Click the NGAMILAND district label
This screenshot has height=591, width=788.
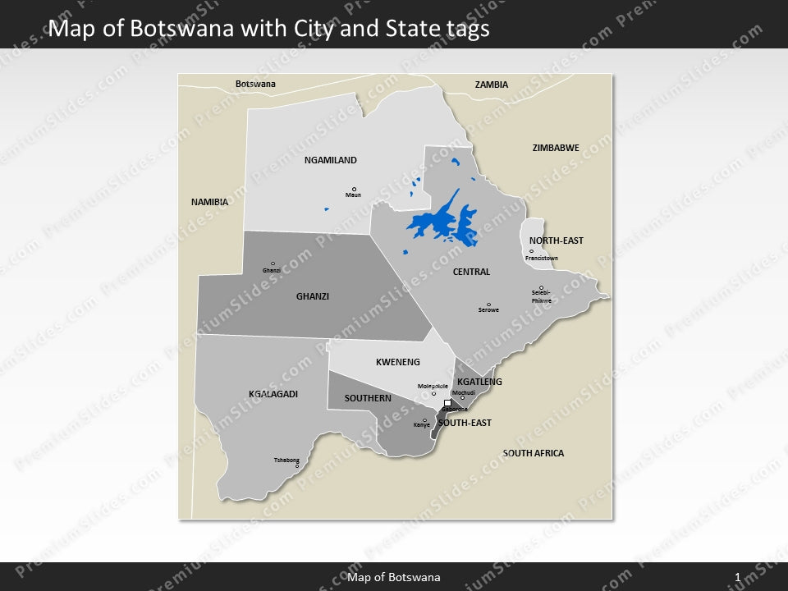(330, 161)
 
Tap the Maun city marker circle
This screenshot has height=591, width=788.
(354, 189)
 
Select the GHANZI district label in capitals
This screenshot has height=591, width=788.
(312, 297)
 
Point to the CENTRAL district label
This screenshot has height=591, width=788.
(471, 272)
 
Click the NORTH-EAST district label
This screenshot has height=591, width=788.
(556, 241)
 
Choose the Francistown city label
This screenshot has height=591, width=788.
(541, 259)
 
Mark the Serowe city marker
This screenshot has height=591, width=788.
(488, 305)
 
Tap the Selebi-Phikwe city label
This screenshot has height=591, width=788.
(541, 296)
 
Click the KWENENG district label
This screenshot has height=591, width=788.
(397, 362)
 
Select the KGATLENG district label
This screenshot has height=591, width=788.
(479, 383)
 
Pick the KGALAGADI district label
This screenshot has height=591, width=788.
(273, 395)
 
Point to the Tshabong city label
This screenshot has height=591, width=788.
(286, 460)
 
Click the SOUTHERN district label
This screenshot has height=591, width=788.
(367, 398)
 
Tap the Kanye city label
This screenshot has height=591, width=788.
(421, 425)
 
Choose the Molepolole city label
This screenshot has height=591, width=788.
(433, 386)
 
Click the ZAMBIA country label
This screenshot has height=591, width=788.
(491, 85)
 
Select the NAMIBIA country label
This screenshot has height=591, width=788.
(209, 202)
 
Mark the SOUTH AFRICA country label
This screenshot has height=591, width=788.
(533, 453)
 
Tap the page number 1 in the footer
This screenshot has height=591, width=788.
(738, 578)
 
